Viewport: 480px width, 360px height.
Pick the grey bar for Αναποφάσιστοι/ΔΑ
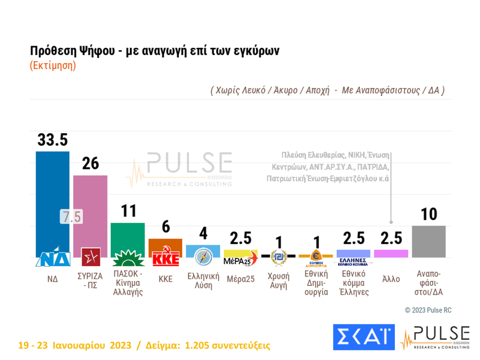[429, 241]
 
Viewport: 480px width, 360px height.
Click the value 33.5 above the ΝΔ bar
[52, 140]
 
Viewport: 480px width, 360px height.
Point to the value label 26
[90, 164]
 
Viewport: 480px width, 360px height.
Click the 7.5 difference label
[70, 217]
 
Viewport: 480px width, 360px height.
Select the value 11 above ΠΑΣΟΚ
[128, 211]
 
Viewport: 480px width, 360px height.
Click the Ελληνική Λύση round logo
[203, 256]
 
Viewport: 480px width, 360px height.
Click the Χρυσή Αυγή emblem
[278, 256]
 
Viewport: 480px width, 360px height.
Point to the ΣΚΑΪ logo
[363, 337]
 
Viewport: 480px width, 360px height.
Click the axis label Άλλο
[391, 279]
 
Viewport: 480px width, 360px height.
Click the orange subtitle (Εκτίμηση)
[52, 65]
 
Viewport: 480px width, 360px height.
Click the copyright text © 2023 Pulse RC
[428, 310]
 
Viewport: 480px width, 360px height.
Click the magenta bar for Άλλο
[391, 253]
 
